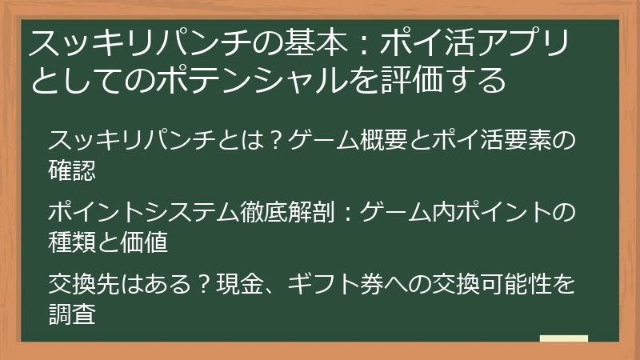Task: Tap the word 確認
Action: tap(72, 169)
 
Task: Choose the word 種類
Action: tap(72, 242)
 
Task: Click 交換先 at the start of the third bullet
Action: tap(84, 286)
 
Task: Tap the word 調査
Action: tap(72, 314)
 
